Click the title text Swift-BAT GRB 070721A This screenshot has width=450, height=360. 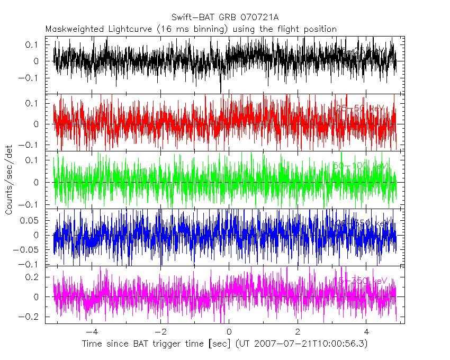pyautogui.click(x=225, y=17)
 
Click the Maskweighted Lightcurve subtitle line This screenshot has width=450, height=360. pyautogui.click(x=191, y=29)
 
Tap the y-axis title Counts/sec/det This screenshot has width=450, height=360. pyautogui.click(x=9, y=181)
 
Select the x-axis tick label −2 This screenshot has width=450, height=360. pyautogui.click(x=160, y=331)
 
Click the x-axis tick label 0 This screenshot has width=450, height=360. pyautogui.click(x=229, y=331)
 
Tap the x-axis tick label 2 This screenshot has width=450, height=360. pyautogui.click(x=298, y=331)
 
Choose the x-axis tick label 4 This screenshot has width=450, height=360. pyautogui.click(x=366, y=331)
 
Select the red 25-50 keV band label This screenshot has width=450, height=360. pyautogui.click(x=360, y=109)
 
